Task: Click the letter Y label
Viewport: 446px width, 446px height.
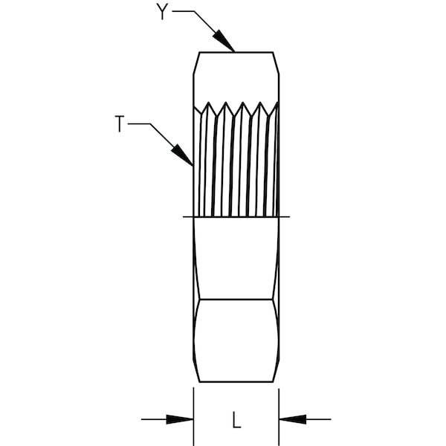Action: pos(162,12)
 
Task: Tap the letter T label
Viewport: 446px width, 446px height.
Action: pos(120,123)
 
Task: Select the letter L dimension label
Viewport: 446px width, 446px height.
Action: pos(236,419)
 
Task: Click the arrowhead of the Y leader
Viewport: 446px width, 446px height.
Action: pos(224,41)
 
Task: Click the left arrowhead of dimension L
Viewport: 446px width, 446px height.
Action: pos(180,419)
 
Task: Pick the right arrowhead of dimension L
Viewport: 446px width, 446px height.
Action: pos(292,419)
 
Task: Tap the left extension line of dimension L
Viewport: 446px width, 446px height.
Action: pos(193,416)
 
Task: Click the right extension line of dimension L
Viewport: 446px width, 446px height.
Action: pos(279,417)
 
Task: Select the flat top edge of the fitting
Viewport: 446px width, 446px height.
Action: pos(236,52)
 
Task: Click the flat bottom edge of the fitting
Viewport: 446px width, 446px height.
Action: pos(236,382)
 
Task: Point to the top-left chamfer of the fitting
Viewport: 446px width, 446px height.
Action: pos(196,63)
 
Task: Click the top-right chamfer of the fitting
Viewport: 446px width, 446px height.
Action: pos(276,63)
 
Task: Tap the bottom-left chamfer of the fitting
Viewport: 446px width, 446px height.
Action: pos(196,371)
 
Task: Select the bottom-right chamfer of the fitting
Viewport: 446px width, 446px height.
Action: pos(276,371)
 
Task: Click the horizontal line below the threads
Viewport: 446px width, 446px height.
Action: pos(236,217)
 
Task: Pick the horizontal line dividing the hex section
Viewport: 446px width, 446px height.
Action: pos(236,300)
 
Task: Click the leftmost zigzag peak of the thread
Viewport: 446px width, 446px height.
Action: pos(208,103)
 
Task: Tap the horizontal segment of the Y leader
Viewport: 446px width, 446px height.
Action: pos(184,11)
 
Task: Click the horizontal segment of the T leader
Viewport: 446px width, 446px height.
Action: pos(139,123)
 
